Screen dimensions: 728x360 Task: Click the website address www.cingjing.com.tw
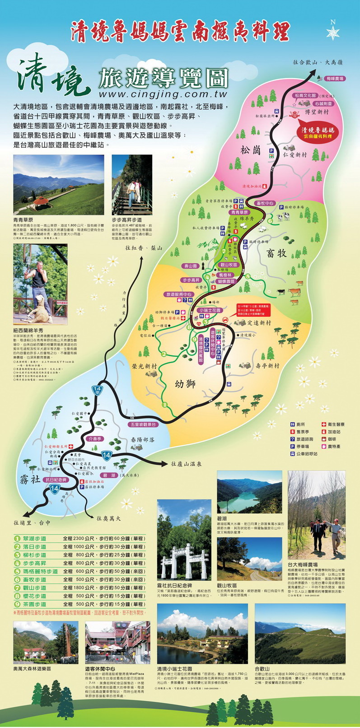click(x=163, y=94)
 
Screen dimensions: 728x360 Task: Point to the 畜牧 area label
click(x=276, y=253)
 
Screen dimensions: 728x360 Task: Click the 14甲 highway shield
click(x=97, y=390)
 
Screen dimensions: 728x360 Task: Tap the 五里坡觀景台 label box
click(x=143, y=425)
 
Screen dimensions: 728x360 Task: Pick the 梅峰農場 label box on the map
click(x=334, y=78)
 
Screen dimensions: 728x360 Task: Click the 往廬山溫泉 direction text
click(x=186, y=464)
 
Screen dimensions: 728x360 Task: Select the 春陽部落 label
click(x=143, y=439)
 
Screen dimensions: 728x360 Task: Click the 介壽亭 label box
click(x=96, y=439)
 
